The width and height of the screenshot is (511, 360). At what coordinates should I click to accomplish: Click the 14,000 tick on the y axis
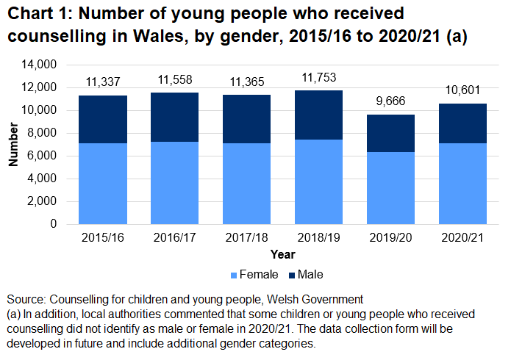click(41, 65)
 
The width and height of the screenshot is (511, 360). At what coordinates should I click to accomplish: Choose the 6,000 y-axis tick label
click(44, 156)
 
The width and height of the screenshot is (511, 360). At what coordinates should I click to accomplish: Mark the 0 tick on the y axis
click(54, 224)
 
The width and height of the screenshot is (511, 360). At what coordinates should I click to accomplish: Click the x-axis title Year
click(283, 254)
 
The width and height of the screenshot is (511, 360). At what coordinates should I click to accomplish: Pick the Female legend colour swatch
click(234, 275)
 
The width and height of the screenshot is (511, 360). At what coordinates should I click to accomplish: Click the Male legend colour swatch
click(291, 275)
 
